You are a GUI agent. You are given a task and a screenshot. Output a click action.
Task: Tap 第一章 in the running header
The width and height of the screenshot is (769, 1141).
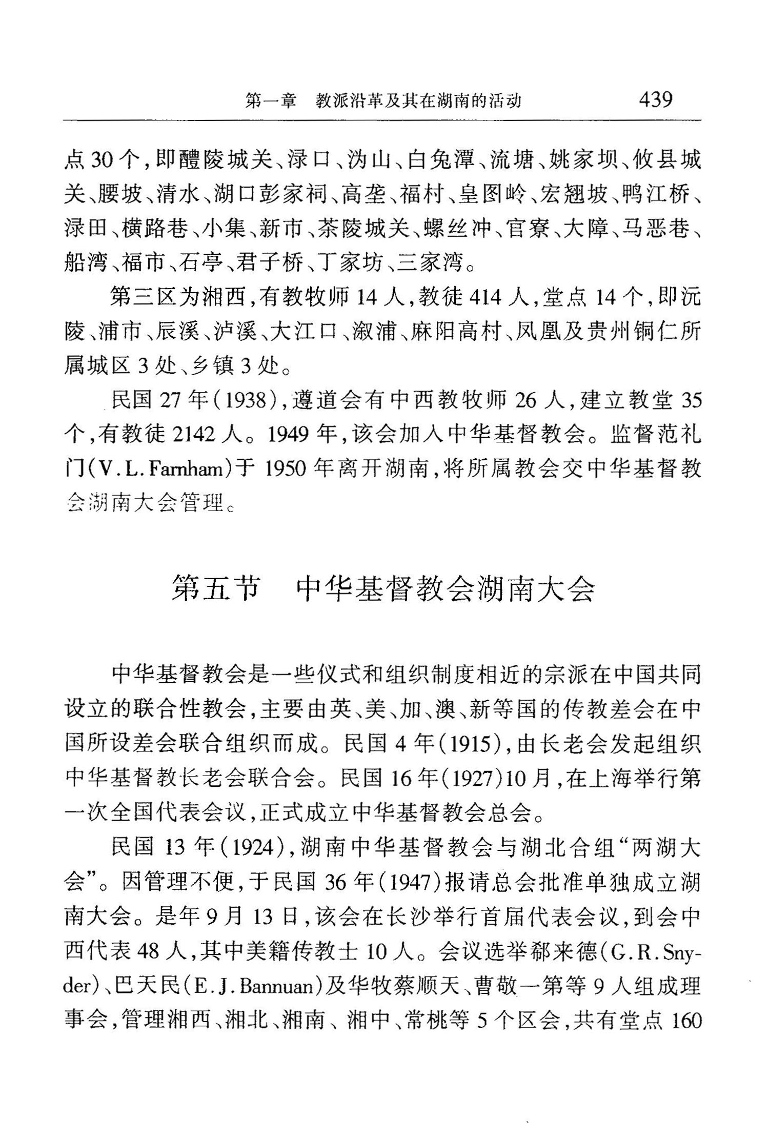(x=271, y=100)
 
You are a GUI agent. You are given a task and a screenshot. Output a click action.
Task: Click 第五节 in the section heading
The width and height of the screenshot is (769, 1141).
(x=215, y=588)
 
